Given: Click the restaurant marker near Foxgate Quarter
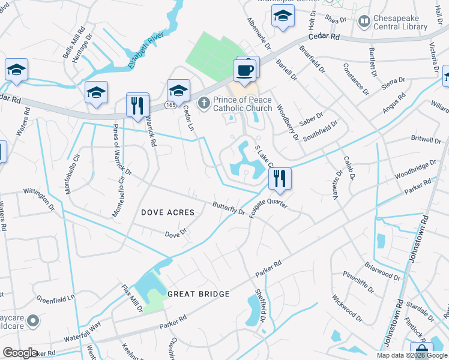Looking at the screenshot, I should pyautogui.click(x=279, y=178).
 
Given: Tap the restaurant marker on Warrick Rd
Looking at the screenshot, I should pyautogui.click(x=137, y=106).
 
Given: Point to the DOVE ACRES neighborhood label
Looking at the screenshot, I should pyautogui.click(x=167, y=212).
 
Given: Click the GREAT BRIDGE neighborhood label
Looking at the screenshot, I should pyautogui.click(x=199, y=294).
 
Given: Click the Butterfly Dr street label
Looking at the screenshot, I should pyautogui.click(x=229, y=208).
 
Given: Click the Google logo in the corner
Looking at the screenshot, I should pyautogui.click(x=20, y=353).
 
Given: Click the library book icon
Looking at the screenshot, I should pyautogui.click(x=364, y=22).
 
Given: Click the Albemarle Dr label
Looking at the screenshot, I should pyautogui.click(x=259, y=33).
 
